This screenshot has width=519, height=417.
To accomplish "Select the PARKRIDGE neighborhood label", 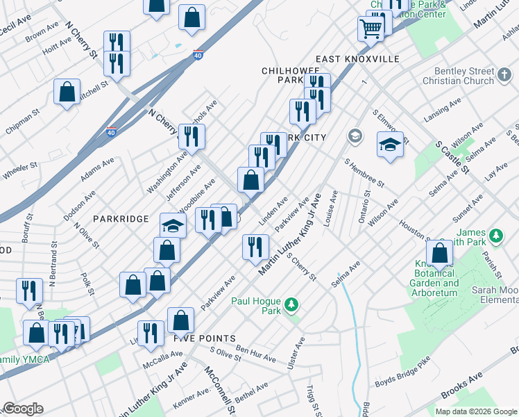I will (123, 219).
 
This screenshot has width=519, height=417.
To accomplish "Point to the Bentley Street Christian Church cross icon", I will (505, 72).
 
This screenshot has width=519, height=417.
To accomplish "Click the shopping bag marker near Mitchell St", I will (67, 92).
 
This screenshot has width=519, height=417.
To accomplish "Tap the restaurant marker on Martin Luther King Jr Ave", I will (255, 246).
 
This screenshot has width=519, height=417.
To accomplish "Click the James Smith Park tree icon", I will (496, 236).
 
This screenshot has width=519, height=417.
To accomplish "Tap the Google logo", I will (23, 409).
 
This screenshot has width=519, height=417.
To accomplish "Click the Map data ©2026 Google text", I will (476, 411).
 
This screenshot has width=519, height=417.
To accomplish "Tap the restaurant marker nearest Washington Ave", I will (189, 136).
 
